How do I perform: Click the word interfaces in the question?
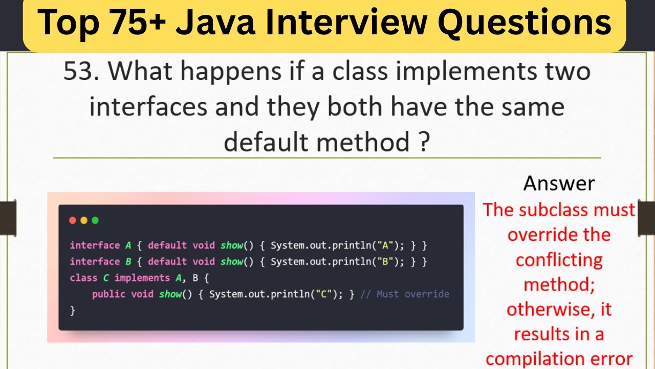148,107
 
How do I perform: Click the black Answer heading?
559,183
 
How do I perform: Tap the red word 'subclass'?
557,210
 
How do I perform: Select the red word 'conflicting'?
559,260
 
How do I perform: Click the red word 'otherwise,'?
559,310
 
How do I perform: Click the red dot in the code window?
73,220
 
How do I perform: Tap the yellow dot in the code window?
84,220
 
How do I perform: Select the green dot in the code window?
95,220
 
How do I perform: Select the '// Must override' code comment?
405,294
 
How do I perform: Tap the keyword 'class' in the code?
83,278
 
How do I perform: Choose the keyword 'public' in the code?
109,294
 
